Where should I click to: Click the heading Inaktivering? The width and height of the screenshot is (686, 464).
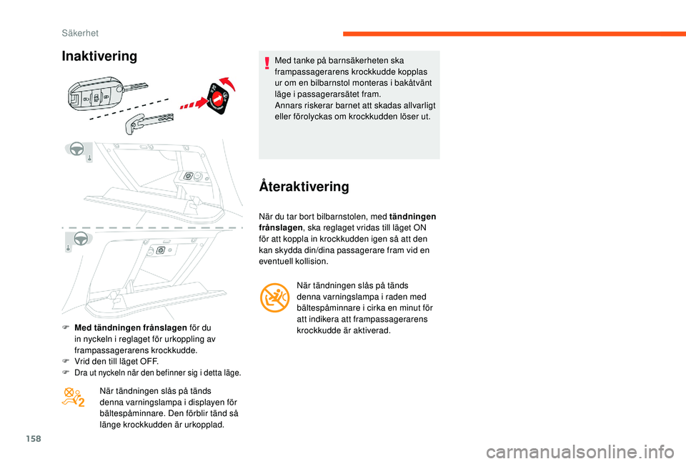pyautogui.click(x=99, y=56)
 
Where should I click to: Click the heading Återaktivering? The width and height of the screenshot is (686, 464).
pyautogui.click(x=304, y=187)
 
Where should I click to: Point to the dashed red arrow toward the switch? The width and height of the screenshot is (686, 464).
pyautogui.click(x=191, y=107)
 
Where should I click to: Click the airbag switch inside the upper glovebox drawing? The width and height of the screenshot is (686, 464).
pyautogui.click(x=191, y=176)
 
